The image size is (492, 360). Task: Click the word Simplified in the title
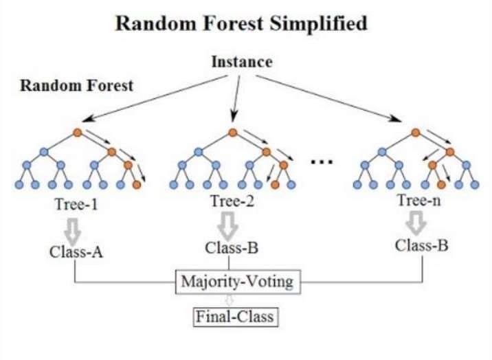click(x=318, y=24)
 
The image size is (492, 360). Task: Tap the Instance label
click(x=242, y=62)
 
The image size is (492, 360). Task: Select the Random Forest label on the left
click(x=77, y=86)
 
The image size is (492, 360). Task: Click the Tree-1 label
click(x=76, y=204)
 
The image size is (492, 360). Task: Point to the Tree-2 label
click(x=232, y=201)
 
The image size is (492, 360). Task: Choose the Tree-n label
click(x=419, y=200)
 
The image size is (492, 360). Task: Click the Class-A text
click(x=76, y=251)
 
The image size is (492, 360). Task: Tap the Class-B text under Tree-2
click(x=232, y=248)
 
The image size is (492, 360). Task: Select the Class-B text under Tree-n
click(x=421, y=245)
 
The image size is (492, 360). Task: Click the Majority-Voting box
click(x=238, y=282)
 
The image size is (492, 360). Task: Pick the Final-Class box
click(x=235, y=317)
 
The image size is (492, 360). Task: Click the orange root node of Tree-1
click(x=78, y=133)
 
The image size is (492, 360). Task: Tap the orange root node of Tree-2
click(x=232, y=133)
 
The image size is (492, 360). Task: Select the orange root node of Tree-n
click(x=416, y=133)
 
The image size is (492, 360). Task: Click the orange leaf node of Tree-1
click(x=137, y=185)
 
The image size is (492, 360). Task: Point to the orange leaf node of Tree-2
click(x=275, y=185)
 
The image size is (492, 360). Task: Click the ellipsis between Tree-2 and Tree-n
click(x=322, y=162)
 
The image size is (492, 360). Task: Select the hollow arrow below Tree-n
click(x=416, y=223)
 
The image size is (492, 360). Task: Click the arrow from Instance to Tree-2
click(x=236, y=98)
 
